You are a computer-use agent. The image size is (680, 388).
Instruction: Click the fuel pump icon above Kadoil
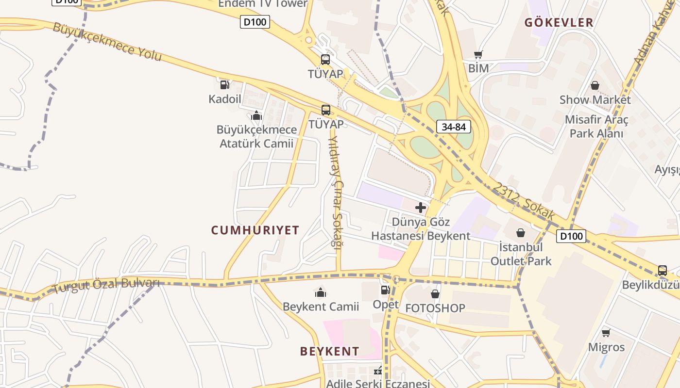[224, 85]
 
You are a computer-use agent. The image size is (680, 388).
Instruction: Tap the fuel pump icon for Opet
[385, 290]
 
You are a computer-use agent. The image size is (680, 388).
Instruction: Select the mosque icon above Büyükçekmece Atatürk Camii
[256, 115]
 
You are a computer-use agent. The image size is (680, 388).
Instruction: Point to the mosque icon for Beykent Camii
[321, 292]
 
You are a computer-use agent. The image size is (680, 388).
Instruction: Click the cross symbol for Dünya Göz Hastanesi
[421, 208]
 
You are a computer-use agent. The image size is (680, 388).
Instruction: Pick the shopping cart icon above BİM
[478, 55]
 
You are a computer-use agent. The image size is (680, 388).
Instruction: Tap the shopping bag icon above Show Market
[595, 86]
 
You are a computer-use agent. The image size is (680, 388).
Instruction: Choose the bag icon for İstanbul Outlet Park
[521, 233]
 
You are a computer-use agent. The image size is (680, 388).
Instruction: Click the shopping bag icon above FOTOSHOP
[435, 294]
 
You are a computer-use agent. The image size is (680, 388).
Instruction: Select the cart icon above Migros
[606, 333]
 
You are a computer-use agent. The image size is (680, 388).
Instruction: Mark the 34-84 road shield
[454, 127]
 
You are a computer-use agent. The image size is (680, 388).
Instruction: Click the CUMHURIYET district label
[255, 230]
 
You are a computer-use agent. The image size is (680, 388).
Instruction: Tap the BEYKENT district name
[330, 352]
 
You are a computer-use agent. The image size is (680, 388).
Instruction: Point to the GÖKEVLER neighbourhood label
[559, 22]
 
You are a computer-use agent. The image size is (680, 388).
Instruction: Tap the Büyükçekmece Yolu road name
[107, 41]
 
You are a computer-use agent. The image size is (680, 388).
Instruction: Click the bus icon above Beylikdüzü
[662, 271]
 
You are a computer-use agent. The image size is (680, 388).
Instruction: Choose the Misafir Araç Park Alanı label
[596, 126]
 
